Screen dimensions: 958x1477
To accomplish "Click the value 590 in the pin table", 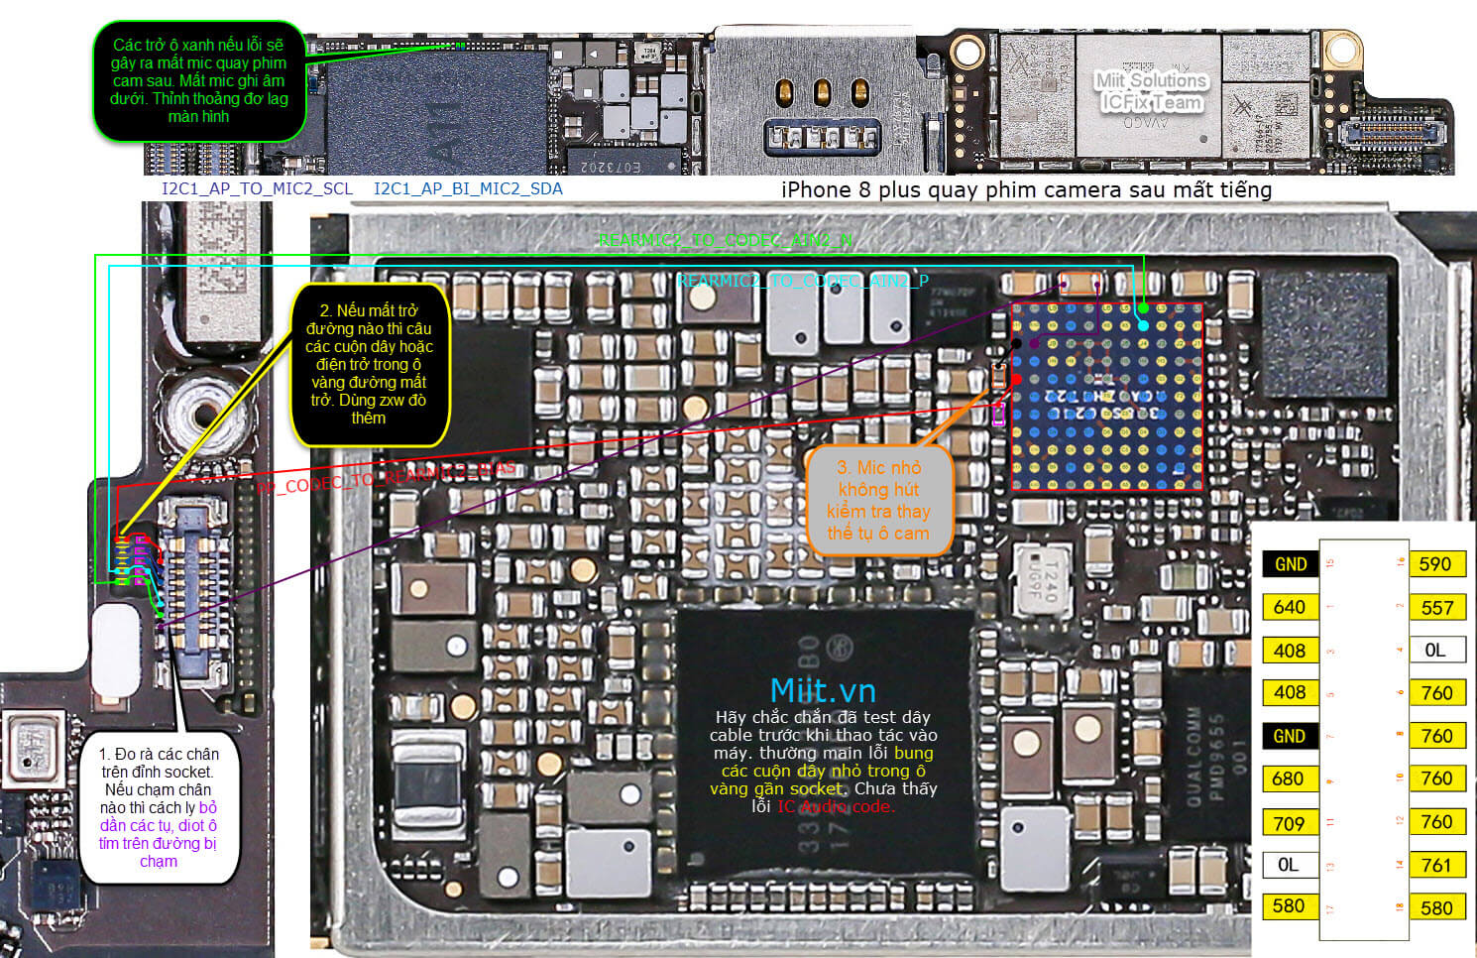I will pos(1434,564).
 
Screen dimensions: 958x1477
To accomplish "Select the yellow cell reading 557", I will pos(1436,608).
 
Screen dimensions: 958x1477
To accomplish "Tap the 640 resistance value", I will pos(1289,607).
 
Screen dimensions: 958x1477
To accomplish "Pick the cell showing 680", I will pos(1288,779).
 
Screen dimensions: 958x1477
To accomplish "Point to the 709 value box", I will pos(1289,823).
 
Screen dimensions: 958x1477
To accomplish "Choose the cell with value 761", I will pos(1435,866).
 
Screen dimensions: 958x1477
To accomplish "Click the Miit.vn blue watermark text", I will pos(823,690).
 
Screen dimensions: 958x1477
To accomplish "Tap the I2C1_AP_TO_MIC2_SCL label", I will pos(257,189).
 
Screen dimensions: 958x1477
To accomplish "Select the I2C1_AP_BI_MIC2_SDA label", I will pos(468,189).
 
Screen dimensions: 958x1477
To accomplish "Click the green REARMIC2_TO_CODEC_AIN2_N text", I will pos(725,240).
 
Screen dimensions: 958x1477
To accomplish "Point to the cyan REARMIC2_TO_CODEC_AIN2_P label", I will pos(803,282).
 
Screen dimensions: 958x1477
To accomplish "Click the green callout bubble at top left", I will pos(198,80).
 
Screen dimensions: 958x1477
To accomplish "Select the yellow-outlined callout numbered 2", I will pos(369,364).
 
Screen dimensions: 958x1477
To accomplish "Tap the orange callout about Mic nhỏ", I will pos(878,500).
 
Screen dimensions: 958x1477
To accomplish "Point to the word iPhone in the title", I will pos(816,190).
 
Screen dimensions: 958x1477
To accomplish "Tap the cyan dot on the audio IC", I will pos(1143,325).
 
